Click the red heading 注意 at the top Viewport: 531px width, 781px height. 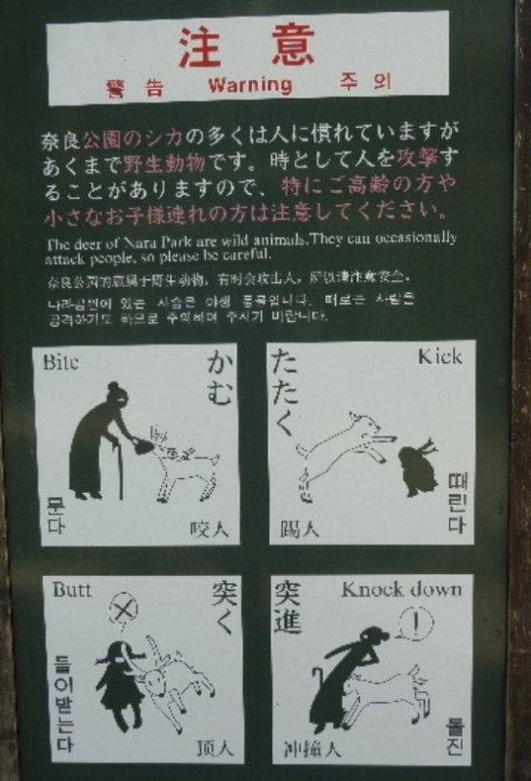point(247,46)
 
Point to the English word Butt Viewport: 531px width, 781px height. point(71,590)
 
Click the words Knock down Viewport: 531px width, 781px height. point(399,590)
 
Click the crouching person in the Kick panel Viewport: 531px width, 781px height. point(419,469)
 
